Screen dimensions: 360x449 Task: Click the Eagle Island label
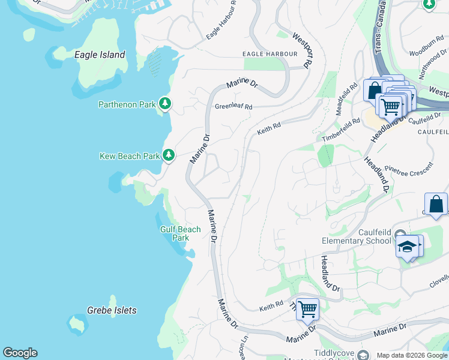tap(100, 55)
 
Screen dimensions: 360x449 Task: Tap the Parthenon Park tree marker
tap(165, 104)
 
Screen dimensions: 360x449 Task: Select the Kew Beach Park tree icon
tap(169, 155)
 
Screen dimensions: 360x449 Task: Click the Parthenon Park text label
tap(127, 104)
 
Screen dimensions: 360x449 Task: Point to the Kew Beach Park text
tap(130, 156)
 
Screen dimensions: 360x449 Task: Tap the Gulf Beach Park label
tap(180, 233)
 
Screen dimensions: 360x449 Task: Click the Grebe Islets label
tap(112, 310)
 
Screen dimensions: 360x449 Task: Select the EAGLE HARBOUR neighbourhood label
tap(270, 54)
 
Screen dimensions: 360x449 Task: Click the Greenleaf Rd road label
tap(234, 107)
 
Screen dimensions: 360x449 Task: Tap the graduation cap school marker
tap(408, 246)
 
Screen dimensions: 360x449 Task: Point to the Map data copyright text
tap(412, 355)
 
